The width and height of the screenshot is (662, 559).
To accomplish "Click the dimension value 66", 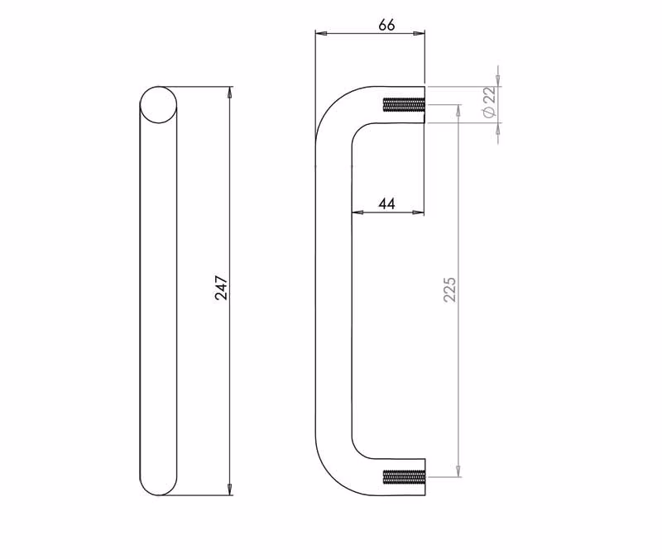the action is click(x=386, y=25).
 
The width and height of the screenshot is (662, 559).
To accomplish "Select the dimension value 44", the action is click(x=386, y=203).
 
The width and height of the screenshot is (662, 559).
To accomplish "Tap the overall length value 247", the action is click(x=221, y=288).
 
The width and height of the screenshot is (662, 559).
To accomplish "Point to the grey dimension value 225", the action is click(x=450, y=289).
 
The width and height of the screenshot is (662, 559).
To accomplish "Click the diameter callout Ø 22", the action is click(x=489, y=103).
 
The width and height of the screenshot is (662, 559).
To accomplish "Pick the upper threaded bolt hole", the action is click(x=403, y=104).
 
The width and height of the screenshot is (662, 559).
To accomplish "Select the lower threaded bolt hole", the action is click(x=403, y=477).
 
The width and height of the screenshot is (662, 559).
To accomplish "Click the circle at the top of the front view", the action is click(x=158, y=105).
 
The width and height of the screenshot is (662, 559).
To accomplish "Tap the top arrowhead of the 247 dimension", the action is click(x=230, y=92).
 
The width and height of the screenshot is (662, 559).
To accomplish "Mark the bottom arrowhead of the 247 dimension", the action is click(x=230, y=490).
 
